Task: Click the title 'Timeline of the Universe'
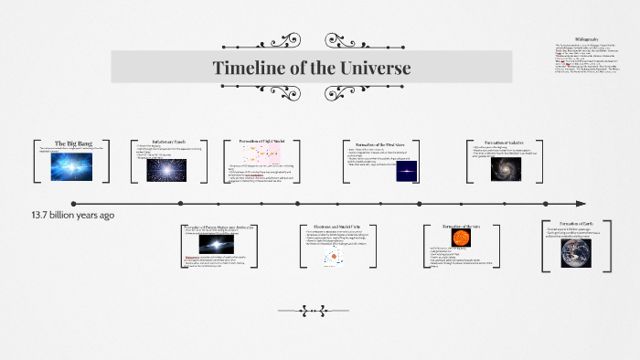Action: click(312, 68)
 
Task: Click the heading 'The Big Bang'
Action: click(71, 143)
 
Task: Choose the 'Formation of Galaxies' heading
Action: click(507, 143)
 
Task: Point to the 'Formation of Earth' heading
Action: click(576, 224)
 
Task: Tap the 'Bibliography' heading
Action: click(587, 38)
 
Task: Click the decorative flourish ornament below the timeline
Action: click(311, 309)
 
